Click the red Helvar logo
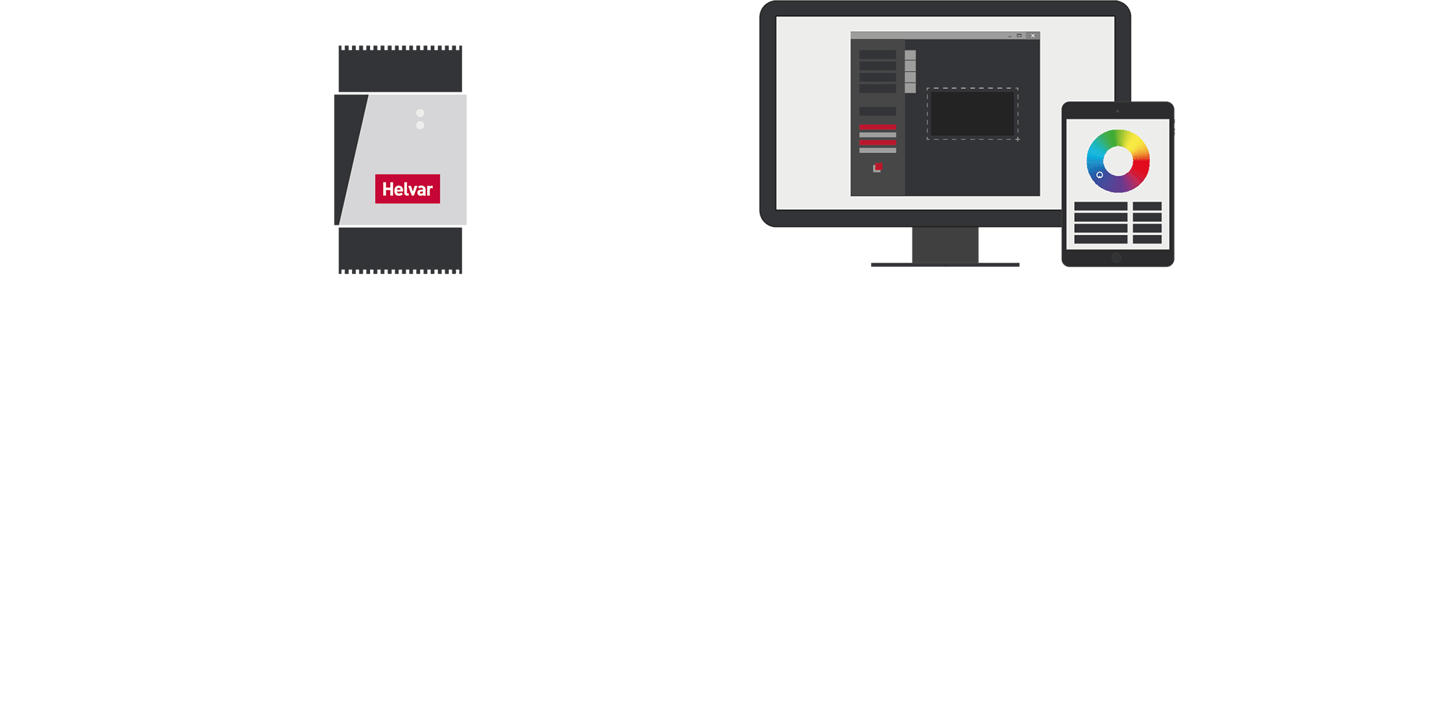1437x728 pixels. coord(407,189)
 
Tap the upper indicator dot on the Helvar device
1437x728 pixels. coord(420,113)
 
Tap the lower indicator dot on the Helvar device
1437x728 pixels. coord(420,125)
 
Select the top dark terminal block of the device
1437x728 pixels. coord(400,69)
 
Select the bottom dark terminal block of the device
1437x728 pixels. coord(400,250)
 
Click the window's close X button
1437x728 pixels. coord(1033,35)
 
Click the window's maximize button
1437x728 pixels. coord(1019,35)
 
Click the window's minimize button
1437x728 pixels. coord(1010,36)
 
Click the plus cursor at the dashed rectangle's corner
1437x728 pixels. coord(1018,139)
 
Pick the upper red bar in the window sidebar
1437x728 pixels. coord(878,127)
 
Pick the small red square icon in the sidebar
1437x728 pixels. coord(878,167)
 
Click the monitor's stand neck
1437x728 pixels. coord(945,245)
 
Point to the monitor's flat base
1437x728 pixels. coord(945,265)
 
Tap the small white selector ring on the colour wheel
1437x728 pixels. coord(1099,175)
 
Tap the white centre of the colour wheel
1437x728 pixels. coord(1118,161)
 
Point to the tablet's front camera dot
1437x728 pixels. coord(1118,111)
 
